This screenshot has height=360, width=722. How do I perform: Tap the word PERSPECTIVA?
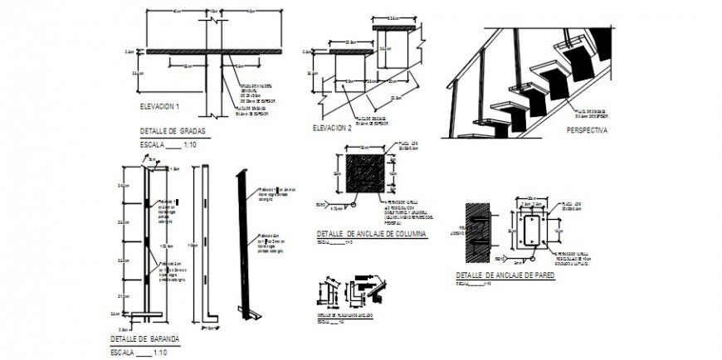[x=587, y=131]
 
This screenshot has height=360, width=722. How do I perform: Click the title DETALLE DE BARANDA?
[x=144, y=340]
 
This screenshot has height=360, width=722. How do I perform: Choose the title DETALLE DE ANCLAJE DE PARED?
[x=505, y=275]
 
